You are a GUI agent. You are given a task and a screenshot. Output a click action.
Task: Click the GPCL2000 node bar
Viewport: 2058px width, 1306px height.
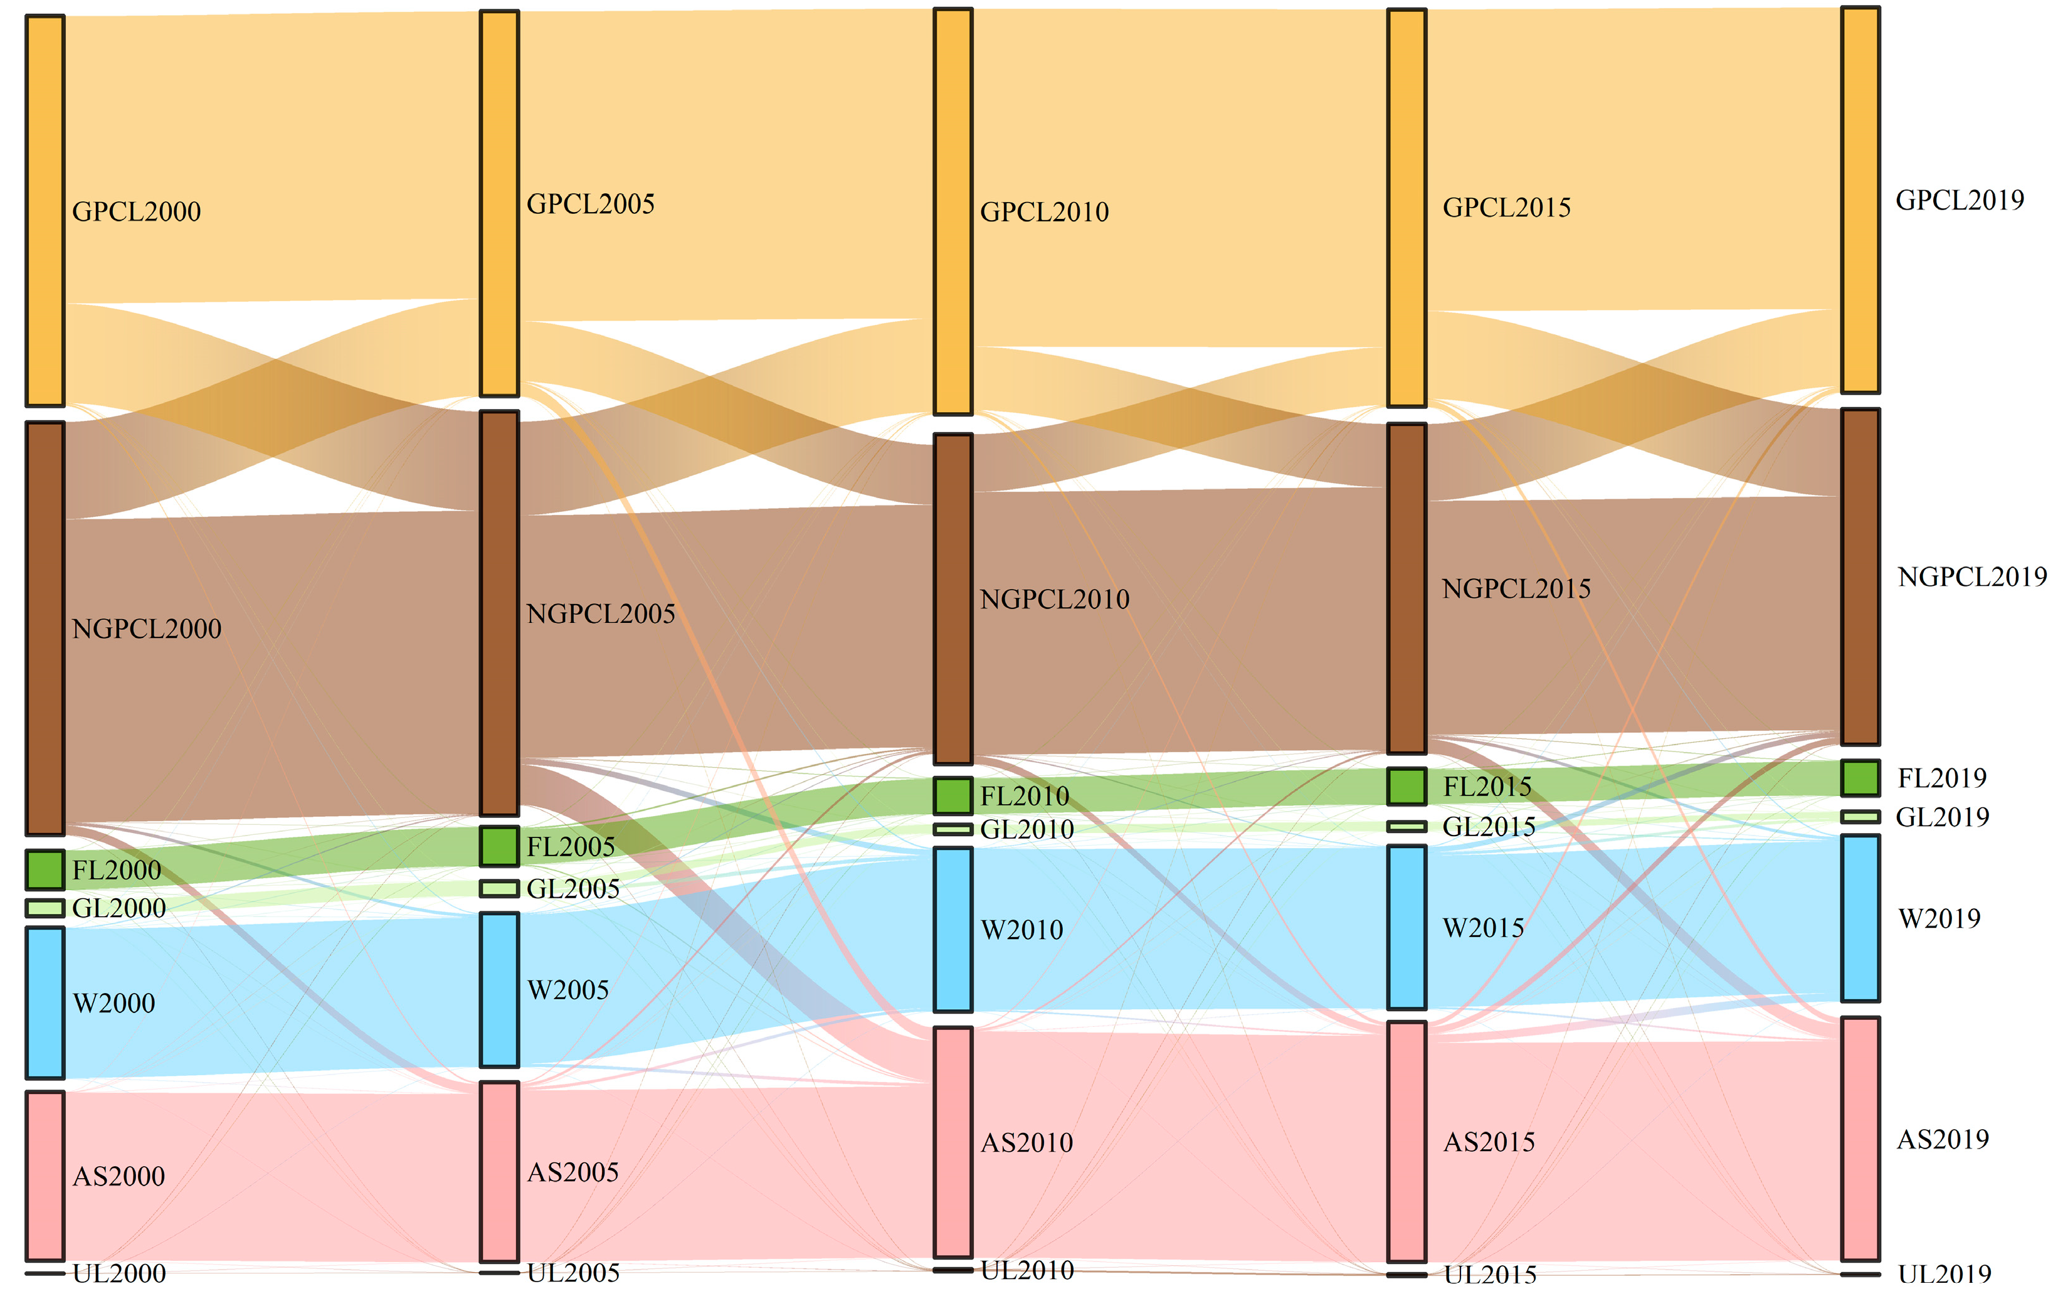[x=45, y=210]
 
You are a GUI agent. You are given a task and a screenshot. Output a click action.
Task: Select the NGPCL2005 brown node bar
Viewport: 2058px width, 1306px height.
[x=499, y=613]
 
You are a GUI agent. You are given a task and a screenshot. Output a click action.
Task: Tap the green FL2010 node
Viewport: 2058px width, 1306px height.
[x=952, y=795]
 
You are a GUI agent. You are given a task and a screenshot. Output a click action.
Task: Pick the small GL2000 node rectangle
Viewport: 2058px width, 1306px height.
[x=45, y=908]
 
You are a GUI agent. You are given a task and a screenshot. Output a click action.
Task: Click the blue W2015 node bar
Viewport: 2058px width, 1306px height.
[x=1406, y=926]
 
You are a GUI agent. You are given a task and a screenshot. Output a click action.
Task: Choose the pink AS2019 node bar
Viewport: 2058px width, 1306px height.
[x=1860, y=1139]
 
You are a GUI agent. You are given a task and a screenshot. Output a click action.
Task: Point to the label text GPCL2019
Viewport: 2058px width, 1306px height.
[x=1959, y=200]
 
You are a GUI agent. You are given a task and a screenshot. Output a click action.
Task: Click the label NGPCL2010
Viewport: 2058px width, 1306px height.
[x=1054, y=599]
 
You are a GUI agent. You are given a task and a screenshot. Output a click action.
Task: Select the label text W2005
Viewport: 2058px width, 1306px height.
[x=567, y=990]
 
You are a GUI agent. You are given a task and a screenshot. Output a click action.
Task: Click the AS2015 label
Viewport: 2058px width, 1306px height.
[x=1489, y=1142]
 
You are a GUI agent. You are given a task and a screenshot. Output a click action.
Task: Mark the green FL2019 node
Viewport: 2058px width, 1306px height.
[x=1860, y=778]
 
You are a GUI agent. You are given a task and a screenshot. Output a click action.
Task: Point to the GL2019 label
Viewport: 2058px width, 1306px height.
[x=1942, y=817]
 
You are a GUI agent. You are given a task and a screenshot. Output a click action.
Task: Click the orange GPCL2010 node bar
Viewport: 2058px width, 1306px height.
[x=952, y=211]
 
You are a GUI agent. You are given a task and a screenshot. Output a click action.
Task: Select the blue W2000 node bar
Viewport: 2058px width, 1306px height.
[x=45, y=1002]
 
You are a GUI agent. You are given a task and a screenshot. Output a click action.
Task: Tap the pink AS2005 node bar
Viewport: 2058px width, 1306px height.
[x=499, y=1172]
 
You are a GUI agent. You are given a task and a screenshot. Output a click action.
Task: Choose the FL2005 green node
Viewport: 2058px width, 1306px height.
[x=499, y=846]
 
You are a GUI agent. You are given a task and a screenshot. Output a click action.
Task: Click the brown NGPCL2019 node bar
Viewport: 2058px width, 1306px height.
[x=1860, y=576]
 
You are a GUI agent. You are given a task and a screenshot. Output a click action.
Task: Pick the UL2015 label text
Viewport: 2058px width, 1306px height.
[x=1490, y=1275]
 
